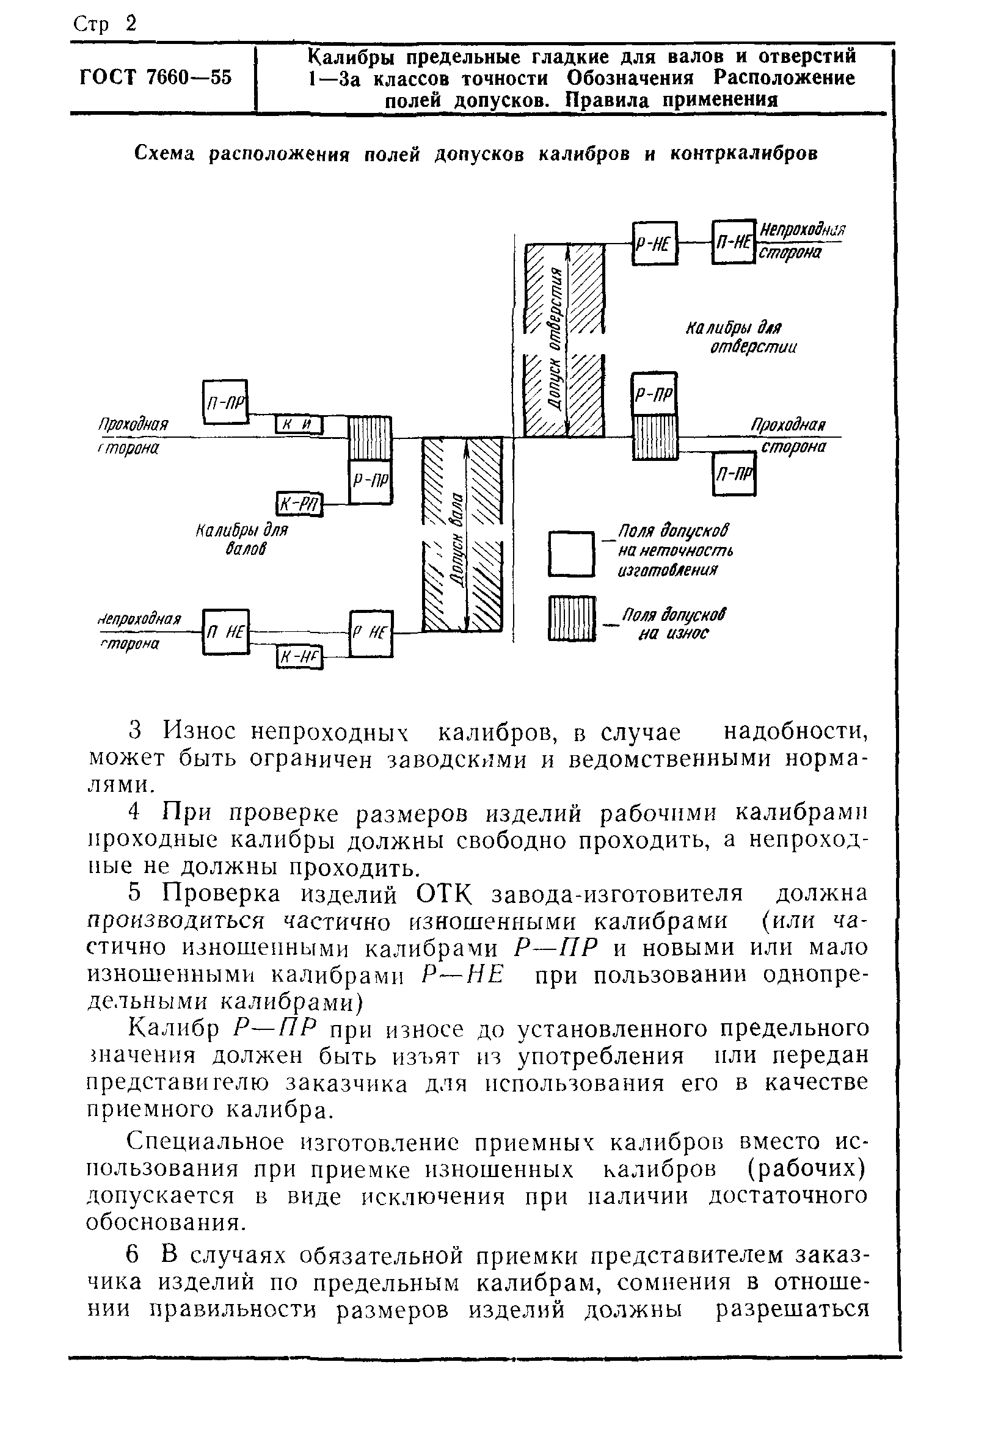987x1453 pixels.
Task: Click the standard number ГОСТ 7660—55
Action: click(156, 78)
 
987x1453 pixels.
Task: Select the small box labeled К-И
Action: click(299, 425)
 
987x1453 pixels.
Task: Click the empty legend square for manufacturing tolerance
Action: click(571, 553)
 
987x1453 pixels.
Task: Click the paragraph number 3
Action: click(136, 730)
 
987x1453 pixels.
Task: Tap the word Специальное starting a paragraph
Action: click(206, 1142)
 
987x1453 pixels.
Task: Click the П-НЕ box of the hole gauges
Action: click(733, 242)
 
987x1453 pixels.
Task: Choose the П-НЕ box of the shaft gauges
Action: click(226, 632)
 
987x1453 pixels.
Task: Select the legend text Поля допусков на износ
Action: click(674, 623)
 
